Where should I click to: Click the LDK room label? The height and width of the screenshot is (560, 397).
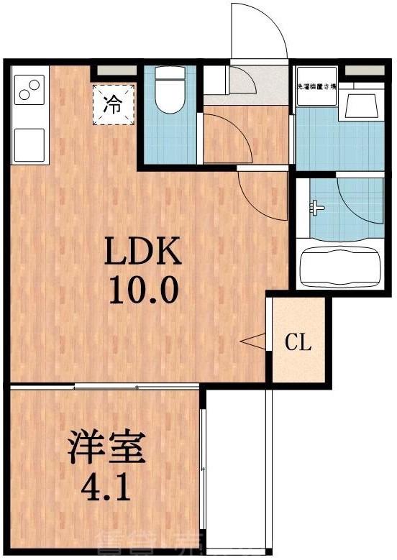[142, 252]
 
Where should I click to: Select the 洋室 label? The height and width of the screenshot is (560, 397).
[106, 448]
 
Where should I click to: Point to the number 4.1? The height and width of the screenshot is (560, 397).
[106, 488]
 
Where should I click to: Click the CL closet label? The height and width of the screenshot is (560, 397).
[298, 342]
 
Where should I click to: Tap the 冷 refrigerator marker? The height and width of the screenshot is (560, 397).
[113, 104]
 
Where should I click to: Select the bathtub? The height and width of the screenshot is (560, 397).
[339, 267]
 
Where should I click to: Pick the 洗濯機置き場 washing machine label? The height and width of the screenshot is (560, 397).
[316, 87]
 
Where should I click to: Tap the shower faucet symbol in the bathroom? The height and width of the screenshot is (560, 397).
[316, 209]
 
